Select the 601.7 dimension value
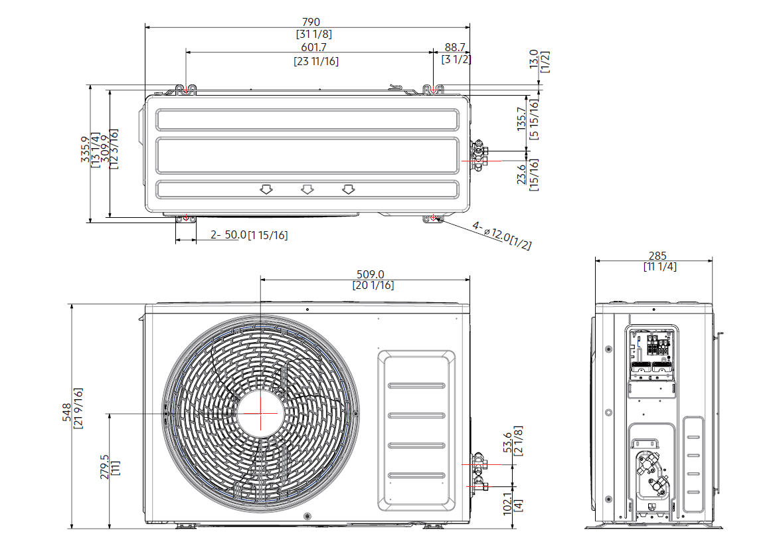(x=315, y=47)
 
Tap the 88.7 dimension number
(x=456, y=47)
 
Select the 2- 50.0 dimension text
(x=228, y=235)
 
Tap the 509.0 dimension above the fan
(x=371, y=274)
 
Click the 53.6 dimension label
(x=508, y=442)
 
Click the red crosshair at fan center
(x=260, y=412)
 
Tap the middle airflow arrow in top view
(x=307, y=190)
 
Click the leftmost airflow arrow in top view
(x=266, y=190)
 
